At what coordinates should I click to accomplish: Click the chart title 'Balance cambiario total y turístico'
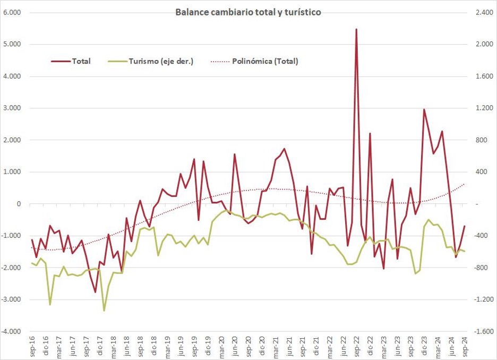tap(248, 12)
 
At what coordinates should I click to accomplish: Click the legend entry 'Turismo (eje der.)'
tap(160, 61)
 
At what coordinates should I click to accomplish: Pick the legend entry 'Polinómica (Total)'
tap(264, 61)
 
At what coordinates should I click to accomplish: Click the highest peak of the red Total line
tap(356, 29)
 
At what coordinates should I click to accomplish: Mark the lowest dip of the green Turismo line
tap(104, 311)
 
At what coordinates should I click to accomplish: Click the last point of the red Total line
tap(465, 226)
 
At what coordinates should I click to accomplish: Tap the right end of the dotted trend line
tap(465, 184)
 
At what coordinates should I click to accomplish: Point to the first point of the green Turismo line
tap(32, 263)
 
